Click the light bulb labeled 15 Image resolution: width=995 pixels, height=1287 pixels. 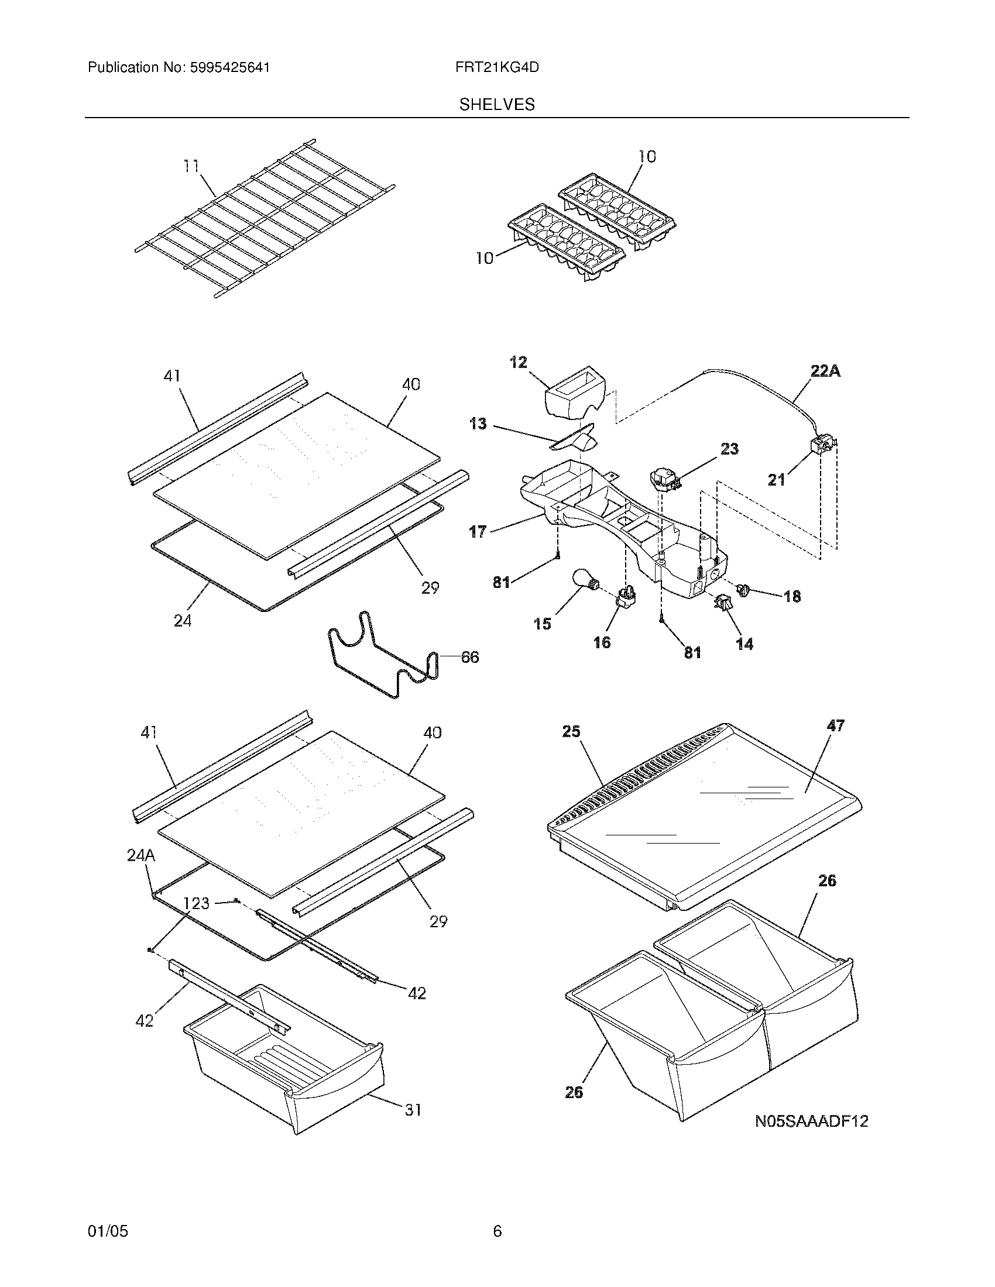585,580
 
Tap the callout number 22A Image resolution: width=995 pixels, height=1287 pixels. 825,371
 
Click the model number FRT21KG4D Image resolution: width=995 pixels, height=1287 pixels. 497,68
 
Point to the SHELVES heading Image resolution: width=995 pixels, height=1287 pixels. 497,105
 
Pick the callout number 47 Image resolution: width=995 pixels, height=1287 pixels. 836,725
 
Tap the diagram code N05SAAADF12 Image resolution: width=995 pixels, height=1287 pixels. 812,1121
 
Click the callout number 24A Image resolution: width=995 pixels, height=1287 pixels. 141,855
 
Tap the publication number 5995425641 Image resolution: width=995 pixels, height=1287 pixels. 230,68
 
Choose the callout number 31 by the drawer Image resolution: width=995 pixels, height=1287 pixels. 413,1110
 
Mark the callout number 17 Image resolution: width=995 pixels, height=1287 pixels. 478,532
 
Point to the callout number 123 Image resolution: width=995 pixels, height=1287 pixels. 196,903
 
